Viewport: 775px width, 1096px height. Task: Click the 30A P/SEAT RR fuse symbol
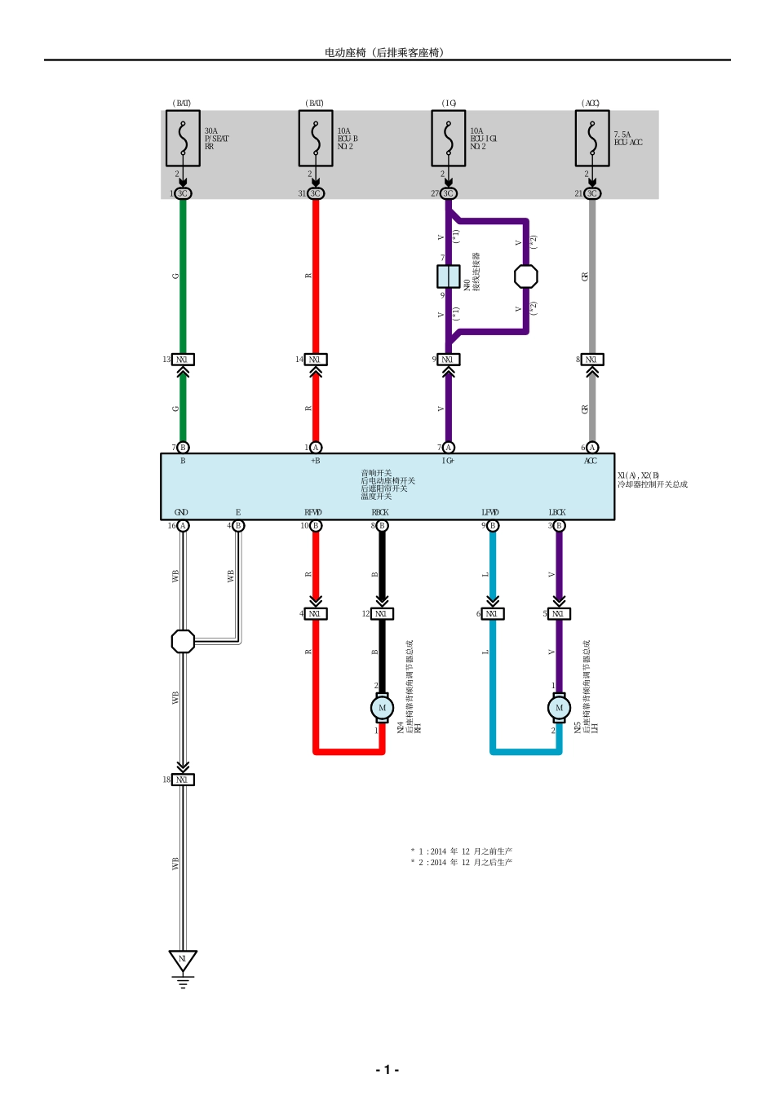(x=183, y=138)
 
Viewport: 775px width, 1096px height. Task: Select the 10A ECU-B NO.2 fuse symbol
(x=316, y=138)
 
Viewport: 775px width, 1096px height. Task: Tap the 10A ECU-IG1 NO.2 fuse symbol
(x=448, y=138)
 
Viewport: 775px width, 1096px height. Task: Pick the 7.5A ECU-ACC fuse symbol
(x=592, y=138)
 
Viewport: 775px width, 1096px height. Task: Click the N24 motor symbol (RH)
(x=382, y=708)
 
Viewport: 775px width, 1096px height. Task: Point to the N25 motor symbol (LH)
(x=559, y=708)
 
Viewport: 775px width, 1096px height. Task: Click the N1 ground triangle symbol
(x=183, y=961)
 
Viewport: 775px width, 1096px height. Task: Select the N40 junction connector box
(x=448, y=276)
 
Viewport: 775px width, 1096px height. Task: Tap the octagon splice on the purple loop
(x=526, y=276)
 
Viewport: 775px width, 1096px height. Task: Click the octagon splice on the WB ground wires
(x=183, y=642)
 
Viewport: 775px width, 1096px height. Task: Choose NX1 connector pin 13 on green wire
(x=183, y=360)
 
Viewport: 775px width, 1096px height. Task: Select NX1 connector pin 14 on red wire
(x=316, y=360)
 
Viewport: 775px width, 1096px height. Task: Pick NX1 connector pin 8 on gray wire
(x=592, y=360)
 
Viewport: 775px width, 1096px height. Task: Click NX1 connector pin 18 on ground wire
(x=183, y=780)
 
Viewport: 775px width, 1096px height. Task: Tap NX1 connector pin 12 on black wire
(x=382, y=613)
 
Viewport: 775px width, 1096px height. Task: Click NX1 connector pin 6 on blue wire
(x=492, y=613)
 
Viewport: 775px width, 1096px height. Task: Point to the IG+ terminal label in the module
(x=448, y=461)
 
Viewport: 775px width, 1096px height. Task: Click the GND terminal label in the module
(x=181, y=512)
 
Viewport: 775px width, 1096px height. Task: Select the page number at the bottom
(x=387, y=1070)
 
